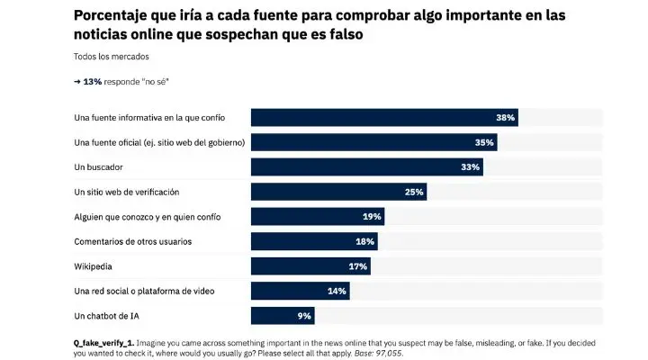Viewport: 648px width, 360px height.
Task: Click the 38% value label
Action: pyautogui.click(x=504, y=118)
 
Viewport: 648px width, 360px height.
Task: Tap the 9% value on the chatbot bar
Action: pyautogui.click(x=304, y=316)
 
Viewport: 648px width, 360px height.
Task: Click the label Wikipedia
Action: pyautogui.click(x=94, y=266)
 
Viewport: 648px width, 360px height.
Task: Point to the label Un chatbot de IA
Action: pyautogui.click(x=109, y=316)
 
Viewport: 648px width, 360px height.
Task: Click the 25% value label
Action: pyautogui.click(x=414, y=192)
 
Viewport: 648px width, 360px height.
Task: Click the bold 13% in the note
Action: pyautogui.click(x=92, y=82)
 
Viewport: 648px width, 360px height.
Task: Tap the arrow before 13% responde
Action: pyautogui.click(x=77, y=82)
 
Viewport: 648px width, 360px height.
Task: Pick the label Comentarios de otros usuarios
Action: pyautogui.click(x=132, y=241)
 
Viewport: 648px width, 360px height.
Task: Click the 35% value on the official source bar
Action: pyautogui.click(x=484, y=142)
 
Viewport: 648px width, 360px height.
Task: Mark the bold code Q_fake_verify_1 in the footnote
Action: pyautogui.click(x=112, y=343)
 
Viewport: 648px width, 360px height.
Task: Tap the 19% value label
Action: pyautogui.click(x=372, y=217)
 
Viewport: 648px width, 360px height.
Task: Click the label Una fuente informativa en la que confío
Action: pyautogui.click(x=148, y=118)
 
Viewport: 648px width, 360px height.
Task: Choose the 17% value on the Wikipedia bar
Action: pyautogui.click(x=358, y=266)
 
